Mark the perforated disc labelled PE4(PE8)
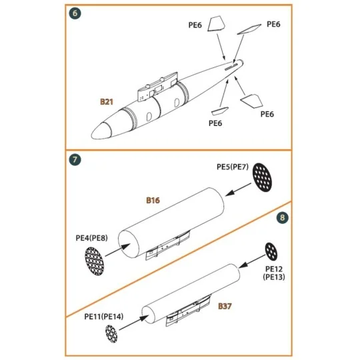click(x=95, y=261)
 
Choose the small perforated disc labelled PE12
click(x=272, y=251)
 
